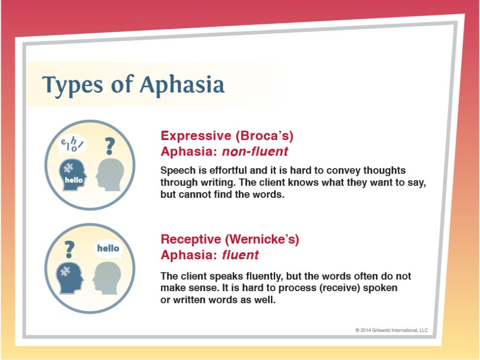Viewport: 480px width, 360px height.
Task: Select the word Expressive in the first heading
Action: click(196, 136)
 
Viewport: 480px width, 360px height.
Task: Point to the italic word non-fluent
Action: click(255, 151)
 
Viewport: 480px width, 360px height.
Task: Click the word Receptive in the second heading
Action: click(191, 239)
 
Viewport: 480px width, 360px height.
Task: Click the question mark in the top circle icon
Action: click(110, 146)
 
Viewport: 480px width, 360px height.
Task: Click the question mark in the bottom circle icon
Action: click(69, 249)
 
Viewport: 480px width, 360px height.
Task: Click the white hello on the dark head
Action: click(74, 180)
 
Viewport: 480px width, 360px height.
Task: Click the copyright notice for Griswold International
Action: click(391, 330)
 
